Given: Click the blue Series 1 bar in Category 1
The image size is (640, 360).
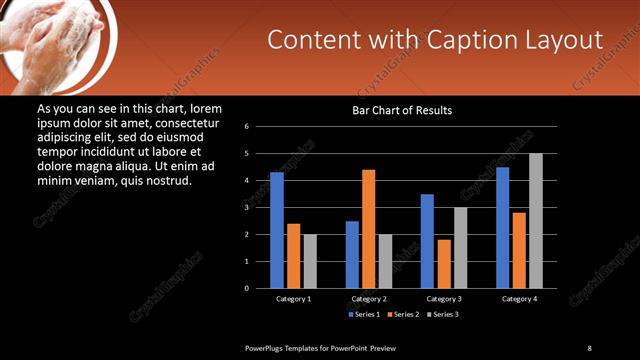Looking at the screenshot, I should (277, 230).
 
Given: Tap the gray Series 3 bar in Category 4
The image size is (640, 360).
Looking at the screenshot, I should (536, 220).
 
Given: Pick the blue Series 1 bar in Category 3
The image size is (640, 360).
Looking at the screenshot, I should (427, 241).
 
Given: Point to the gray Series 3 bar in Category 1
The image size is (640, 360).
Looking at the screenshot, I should (310, 261).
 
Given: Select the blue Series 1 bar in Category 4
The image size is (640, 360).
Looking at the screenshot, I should (502, 227).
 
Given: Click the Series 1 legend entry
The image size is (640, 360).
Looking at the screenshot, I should (361, 314).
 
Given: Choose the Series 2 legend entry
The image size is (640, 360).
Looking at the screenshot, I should (402, 314).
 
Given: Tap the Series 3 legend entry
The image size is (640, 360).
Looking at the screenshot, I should (443, 314).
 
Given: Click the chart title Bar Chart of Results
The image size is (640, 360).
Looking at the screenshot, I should (402, 110).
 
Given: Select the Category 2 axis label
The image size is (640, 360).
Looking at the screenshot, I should (369, 299).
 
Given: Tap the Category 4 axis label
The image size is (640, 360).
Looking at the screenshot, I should (519, 299).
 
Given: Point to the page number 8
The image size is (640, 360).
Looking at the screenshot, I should (589, 347).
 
